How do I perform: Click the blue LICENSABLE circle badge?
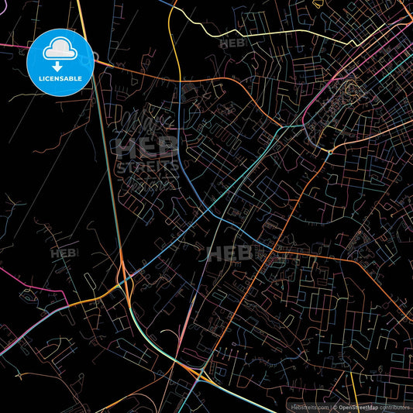coord(60,62)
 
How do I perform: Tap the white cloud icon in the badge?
coord(60,52)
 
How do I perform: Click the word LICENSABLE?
coord(60,78)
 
